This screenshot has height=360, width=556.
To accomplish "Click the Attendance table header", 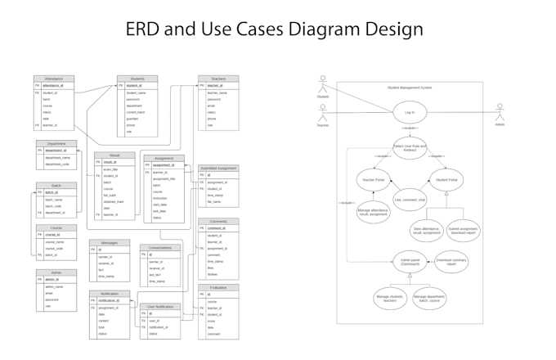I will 54,79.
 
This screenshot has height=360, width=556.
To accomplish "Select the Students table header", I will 137,79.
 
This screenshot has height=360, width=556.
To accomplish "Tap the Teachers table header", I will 218,79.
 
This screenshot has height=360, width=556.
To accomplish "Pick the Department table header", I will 56,144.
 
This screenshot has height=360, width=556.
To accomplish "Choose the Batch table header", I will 56,186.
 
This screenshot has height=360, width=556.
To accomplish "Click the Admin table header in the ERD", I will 56,272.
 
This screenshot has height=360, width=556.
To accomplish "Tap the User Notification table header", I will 159,306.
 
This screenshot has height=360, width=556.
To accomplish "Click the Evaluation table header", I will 218,287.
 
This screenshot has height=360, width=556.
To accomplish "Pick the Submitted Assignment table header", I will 218,169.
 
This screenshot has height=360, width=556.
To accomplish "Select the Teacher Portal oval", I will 374,179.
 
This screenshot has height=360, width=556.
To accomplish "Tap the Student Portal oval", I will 446,179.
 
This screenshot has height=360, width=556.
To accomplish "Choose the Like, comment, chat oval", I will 410,199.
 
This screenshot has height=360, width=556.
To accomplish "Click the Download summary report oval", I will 451,262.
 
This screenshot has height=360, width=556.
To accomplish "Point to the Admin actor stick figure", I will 500,111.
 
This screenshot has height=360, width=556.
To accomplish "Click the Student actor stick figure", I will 322,84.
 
